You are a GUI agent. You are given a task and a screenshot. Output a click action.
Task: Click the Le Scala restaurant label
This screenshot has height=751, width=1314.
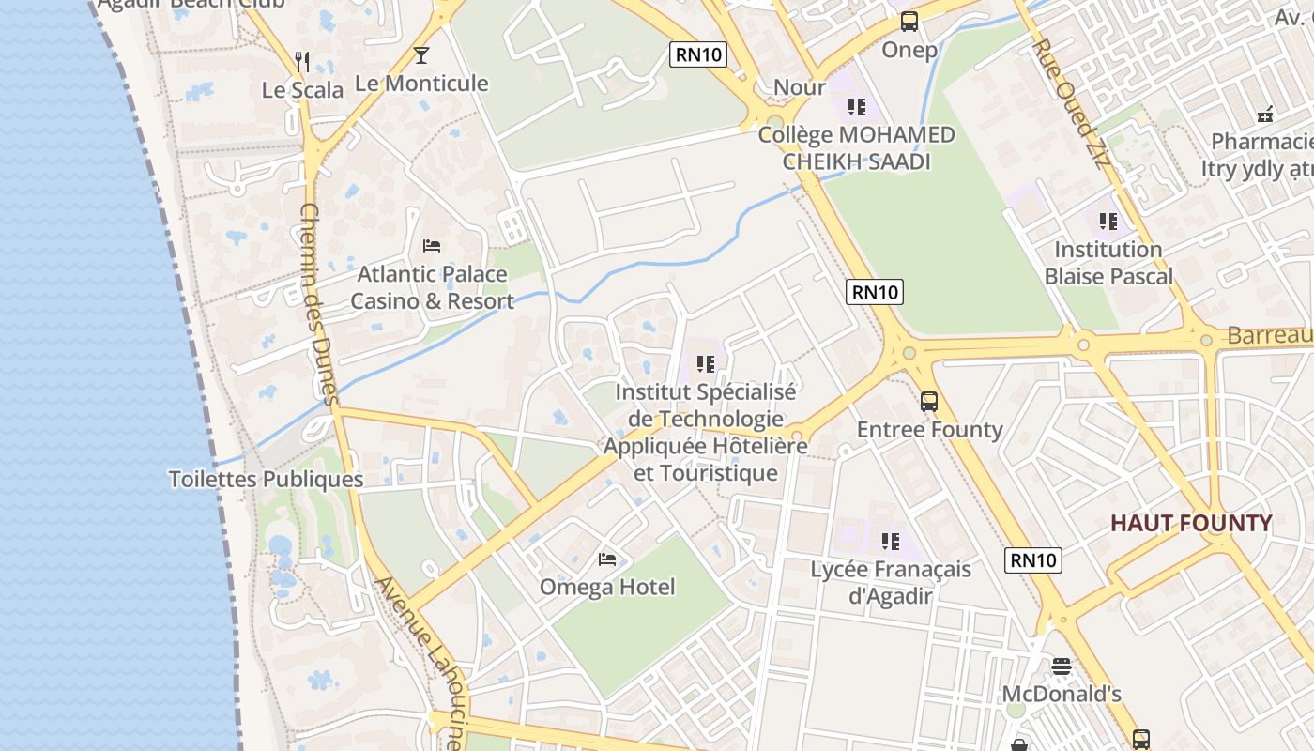pyautogui.click(x=302, y=90)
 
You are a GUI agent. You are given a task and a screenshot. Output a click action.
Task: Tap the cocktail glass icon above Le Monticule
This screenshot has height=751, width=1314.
pyautogui.click(x=421, y=55)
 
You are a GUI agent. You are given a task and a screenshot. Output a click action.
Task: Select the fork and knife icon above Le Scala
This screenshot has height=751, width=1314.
pyautogui.click(x=302, y=62)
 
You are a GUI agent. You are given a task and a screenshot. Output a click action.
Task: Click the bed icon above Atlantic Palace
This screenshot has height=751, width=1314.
pyautogui.click(x=432, y=246)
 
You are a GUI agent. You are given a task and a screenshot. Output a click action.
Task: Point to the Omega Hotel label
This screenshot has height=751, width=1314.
pyautogui.click(x=606, y=588)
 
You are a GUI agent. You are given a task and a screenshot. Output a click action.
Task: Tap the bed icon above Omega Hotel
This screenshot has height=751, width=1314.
pyautogui.click(x=607, y=559)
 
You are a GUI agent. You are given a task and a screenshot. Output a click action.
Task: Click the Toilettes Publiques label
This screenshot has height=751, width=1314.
pyautogui.click(x=266, y=479)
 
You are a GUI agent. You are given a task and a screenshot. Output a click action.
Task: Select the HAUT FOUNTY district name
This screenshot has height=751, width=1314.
pyautogui.click(x=1191, y=523)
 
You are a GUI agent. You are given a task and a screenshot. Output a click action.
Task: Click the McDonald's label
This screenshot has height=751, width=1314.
pyautogui.click(x=1062, y=695)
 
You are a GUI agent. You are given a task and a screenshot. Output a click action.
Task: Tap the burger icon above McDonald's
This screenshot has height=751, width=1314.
pyautogui.click(x=1062, y=667)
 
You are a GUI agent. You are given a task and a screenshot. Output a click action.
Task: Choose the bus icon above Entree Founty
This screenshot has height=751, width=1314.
pyautogui.click(x=929, y=402)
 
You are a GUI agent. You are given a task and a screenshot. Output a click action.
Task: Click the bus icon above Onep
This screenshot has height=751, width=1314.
pyautogui.click(x=909, y=22)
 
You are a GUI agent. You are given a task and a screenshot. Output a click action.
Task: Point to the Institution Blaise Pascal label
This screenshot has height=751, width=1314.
pyautogui.click(x=1108, y=263)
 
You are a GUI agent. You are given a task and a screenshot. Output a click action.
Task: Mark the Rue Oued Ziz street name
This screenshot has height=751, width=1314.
pyautogui.click(x=1070, y=104)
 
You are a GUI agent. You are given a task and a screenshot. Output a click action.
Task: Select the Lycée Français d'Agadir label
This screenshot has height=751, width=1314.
pyautogui.click(x=891, y=582)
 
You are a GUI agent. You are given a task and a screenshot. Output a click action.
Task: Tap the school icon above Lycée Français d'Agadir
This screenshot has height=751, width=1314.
pyautogui.click(x=891, y=541)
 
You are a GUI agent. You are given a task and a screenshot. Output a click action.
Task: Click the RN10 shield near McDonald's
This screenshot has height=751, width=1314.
pyautogui.click(x=1033, y=560)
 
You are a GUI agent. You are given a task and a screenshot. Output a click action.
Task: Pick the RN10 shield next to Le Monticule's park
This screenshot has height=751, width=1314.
pyautogui.click(x=699, y=54)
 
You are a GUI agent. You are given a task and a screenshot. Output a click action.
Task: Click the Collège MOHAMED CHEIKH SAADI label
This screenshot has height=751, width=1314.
pyautogui.click(x=856, y=148)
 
